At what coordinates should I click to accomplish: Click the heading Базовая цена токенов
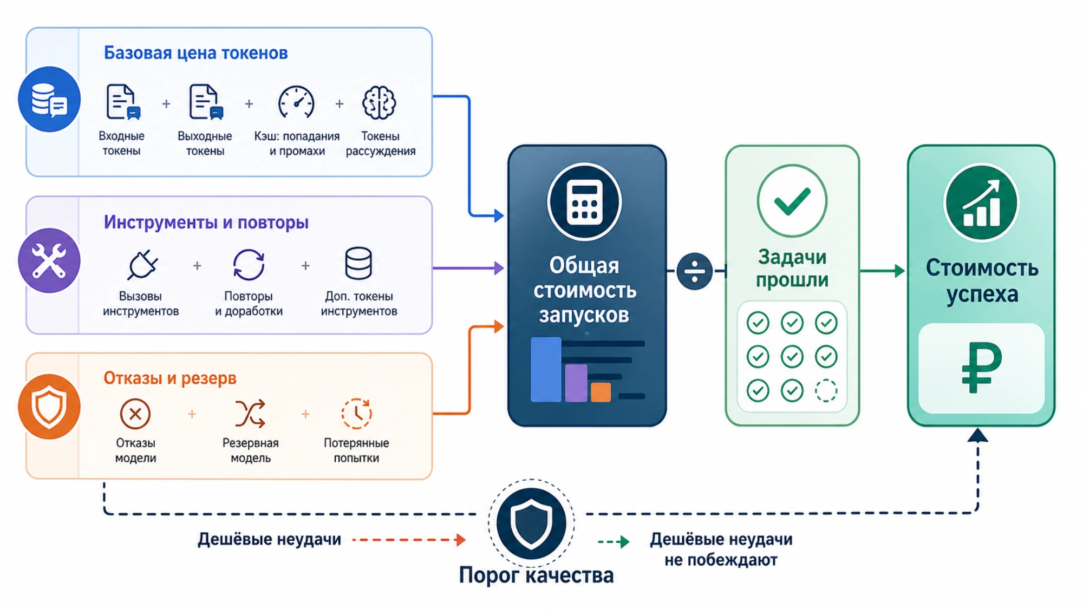(x=195, y=53)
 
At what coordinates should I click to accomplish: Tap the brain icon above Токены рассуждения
(x=379, y=102)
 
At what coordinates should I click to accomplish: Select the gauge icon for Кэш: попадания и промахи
(x=296, y=102)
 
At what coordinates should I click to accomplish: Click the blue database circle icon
(x=49, y=99)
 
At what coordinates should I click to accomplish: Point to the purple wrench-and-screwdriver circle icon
(x=49, y=260)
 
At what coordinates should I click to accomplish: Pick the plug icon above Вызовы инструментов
(x=142, y=265)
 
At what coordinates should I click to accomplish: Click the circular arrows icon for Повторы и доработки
(x=249, y=265)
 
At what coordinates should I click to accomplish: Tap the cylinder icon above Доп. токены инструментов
(x=358, y=263)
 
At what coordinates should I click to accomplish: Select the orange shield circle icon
(x=49, y=406)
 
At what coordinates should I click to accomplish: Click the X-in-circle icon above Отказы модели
(x=135, y=414)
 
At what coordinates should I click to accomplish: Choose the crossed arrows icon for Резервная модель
(x=250, y=414)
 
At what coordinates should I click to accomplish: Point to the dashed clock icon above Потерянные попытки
(x=356, y=414)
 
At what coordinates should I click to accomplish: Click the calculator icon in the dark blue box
(x=584, y=202)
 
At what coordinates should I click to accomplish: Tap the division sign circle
(x=694, y=271)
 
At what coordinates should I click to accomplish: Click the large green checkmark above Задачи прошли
(x=792, y=200)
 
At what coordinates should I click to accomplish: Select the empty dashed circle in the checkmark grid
(x=826, y=390)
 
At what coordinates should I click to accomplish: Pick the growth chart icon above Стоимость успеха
(x=981, y=203)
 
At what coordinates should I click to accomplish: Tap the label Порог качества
(x=536, y=575)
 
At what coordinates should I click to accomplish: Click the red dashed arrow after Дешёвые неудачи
(x=409, y=540)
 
